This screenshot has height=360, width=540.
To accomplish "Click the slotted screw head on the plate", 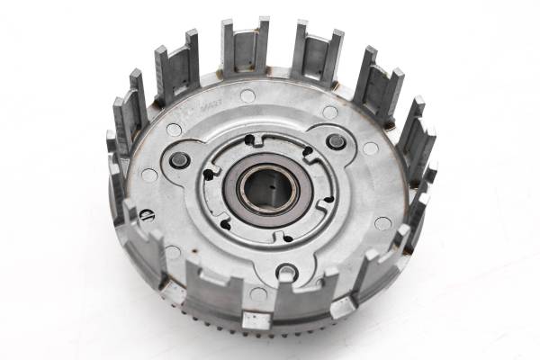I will point(147,216).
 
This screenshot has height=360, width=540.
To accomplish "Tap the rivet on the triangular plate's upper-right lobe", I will point(337,141).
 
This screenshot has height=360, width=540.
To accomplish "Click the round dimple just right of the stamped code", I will point(247,95).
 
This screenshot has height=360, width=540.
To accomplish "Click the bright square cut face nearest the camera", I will point(256,319).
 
